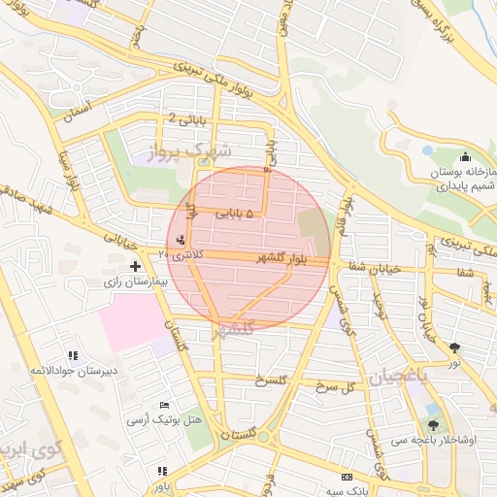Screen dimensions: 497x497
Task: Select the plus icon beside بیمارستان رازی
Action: tap(136, 265)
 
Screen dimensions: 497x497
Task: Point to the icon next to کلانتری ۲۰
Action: tap(180, 240)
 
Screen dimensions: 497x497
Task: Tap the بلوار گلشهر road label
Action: tap(290, 257)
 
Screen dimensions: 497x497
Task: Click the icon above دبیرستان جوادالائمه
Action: tap(70, 355)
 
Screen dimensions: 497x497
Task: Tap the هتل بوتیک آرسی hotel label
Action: tap(164, 420)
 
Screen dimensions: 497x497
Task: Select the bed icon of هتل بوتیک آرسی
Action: tap(164, 404)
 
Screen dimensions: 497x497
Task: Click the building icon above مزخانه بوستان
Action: tap(466, 155)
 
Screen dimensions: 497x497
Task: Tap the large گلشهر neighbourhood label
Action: tap(237, 330)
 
